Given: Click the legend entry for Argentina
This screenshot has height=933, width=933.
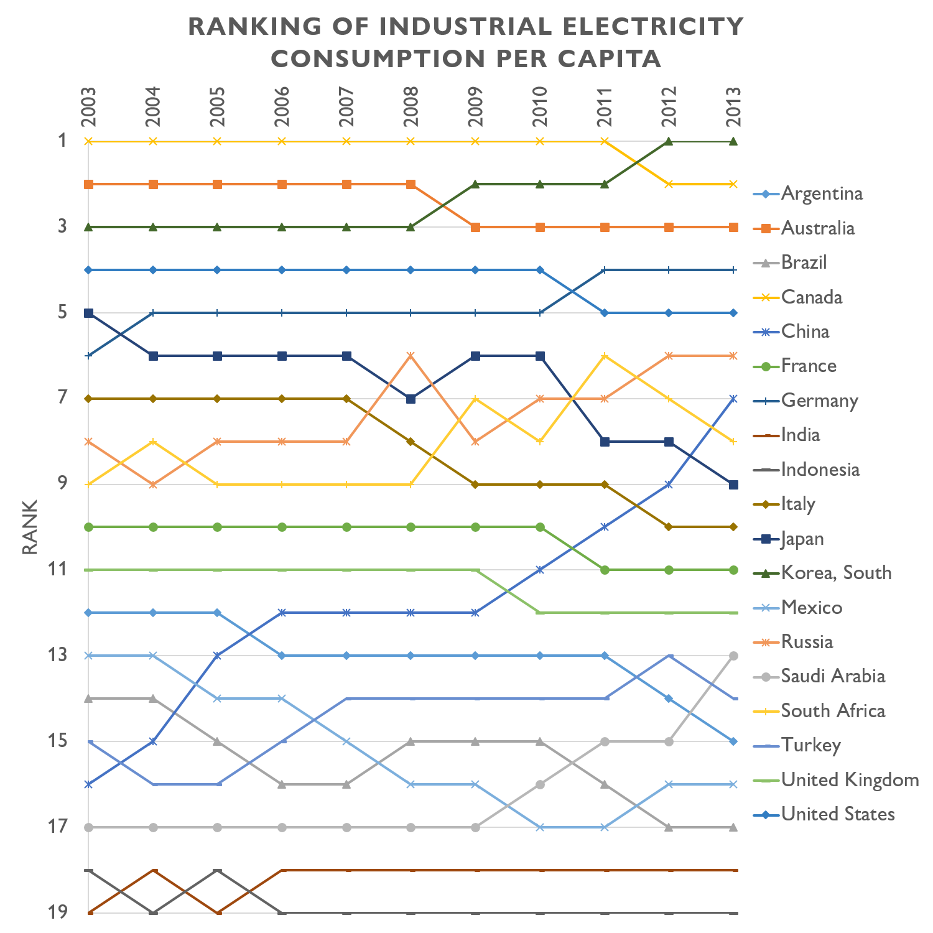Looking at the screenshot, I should pos(822,193).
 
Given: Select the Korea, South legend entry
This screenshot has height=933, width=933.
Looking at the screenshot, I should pos(836,573).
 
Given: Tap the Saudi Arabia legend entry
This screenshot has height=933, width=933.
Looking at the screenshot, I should pos(833,676).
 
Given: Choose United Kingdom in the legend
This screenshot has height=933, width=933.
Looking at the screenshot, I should pos(850,779).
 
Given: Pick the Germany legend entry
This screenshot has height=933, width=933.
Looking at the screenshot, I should pos(819,401).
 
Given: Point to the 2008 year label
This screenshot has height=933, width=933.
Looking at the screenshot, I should pos(411,107).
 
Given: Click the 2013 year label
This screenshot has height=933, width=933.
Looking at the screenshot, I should pos(733,107).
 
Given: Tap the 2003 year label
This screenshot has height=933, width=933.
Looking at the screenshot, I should pos(88,107).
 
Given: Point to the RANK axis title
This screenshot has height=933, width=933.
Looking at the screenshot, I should pos(30,527).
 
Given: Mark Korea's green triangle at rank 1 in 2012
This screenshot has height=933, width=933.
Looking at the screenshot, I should pos(669,141).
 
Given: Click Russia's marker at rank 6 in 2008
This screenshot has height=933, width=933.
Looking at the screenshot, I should pos(411,355).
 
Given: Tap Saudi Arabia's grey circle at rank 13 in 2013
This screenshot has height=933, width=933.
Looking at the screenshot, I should pos(733,656).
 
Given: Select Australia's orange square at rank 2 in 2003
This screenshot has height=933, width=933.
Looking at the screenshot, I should pos(88,184).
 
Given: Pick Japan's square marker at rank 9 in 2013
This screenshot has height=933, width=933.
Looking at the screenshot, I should pos(733,485).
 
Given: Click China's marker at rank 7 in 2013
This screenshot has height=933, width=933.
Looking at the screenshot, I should pos(733,399).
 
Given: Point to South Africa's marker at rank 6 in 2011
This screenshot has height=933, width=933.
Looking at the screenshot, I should pos(604,355).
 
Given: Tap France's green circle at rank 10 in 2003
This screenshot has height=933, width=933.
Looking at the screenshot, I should pos(88,527).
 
